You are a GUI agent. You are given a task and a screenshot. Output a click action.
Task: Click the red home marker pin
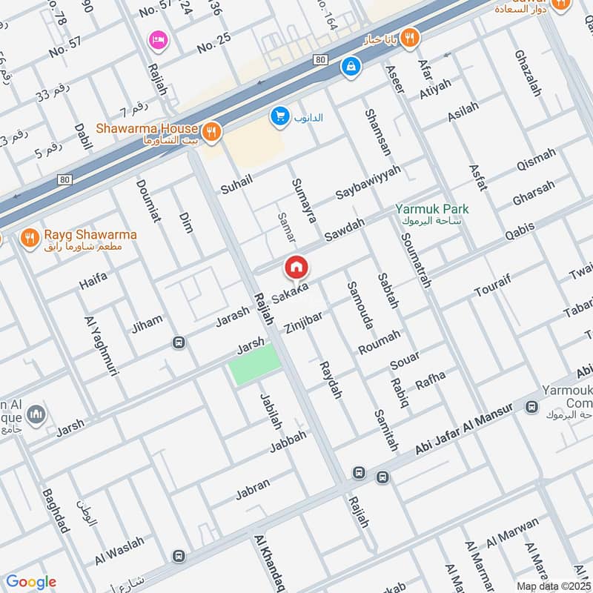[296, 268]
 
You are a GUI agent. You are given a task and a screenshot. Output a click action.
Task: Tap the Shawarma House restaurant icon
[212, 131]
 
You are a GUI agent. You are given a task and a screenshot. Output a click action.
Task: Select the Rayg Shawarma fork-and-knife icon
[29, 237]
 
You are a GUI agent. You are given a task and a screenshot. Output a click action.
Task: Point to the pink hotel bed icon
[157, 40]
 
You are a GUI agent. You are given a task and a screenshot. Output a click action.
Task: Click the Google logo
[30, 582]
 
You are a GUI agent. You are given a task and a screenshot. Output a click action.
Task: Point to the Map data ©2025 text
[552, 585]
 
